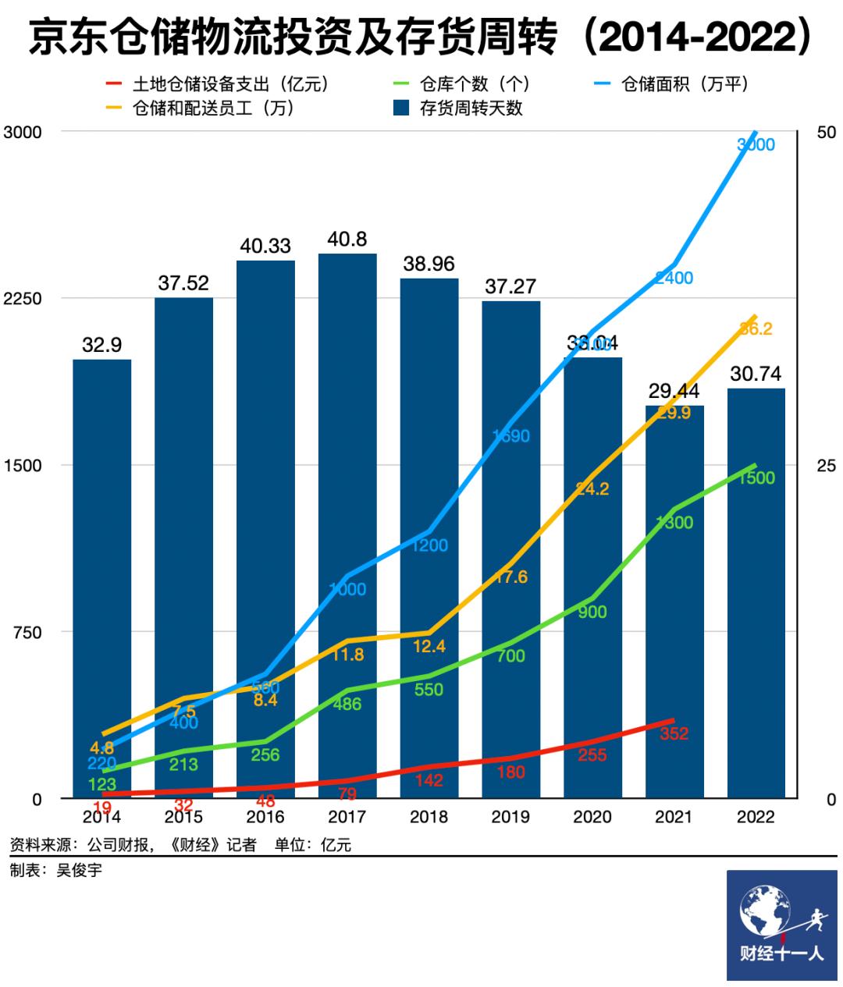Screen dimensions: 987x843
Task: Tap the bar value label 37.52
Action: (183, 283)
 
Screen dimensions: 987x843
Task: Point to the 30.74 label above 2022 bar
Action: (756, 374)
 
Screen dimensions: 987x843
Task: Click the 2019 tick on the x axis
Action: (510, 817)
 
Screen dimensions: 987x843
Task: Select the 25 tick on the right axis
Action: (826, 466)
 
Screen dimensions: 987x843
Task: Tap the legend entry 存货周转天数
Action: (460, 108)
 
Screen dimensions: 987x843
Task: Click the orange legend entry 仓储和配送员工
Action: (203, 108)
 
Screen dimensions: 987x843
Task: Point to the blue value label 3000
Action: (756, 144)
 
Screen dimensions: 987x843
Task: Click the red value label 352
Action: (674, 733)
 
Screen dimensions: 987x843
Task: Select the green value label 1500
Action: (756, 478)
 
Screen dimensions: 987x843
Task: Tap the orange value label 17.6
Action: (510, 577)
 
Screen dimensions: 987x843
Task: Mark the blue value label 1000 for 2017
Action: (347, 589)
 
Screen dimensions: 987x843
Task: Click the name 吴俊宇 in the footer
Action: (78, 869)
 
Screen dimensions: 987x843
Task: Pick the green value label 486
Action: (347, 704)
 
